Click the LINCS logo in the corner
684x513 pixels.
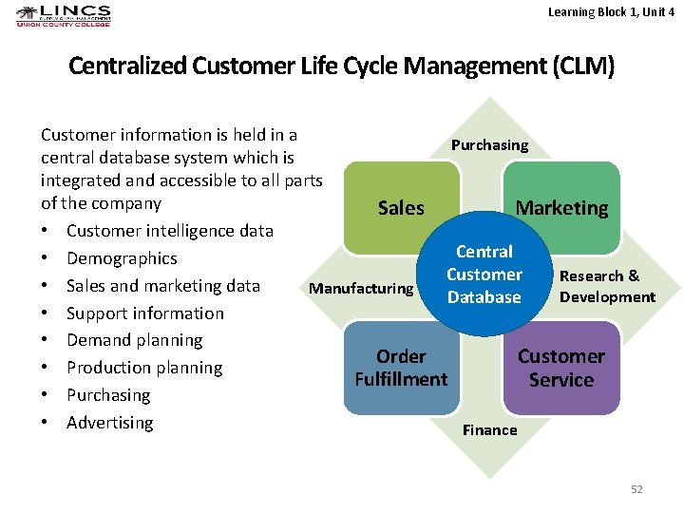63,16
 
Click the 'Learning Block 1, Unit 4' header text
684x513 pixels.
611,11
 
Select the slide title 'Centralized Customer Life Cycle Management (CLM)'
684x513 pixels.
342,66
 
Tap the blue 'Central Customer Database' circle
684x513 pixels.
484,275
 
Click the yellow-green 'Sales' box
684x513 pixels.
401,208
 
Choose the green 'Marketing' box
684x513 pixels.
561,208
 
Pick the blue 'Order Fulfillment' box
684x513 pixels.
401,368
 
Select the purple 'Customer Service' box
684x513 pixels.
560,368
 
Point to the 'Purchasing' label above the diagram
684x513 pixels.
489,145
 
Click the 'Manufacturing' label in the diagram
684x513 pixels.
362,288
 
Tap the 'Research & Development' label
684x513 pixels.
607,286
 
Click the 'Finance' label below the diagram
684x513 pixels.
489,430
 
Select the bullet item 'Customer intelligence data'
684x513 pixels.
169,231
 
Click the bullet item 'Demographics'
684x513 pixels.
122,258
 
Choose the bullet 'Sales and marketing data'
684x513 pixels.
162,286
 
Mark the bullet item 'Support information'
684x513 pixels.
145,313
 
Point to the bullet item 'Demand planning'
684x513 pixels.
134,340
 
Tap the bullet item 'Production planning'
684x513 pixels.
144,368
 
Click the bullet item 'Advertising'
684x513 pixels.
109,423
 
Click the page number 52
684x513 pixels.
636,489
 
